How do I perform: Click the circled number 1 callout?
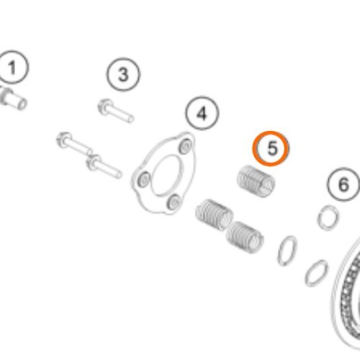coord(12,68)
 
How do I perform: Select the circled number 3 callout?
coord(123,74)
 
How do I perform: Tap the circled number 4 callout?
coord(202,113)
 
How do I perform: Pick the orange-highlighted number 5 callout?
coord(271,149)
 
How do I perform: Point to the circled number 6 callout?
coord(343,185)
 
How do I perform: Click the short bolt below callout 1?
coord(13,99)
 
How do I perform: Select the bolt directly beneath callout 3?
coord(116,111)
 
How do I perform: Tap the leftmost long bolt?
coord(74,144)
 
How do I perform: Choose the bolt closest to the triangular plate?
coord(104,166)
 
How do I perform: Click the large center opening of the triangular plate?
coord(165,175)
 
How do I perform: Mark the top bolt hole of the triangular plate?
coord(186,145)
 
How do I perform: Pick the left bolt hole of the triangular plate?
coord(145,179)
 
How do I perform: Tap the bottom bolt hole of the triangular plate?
coord(174,202)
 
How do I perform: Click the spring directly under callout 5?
coord(256,181)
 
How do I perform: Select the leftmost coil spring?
coord(214,215)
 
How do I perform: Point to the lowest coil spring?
coord(245,237)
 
